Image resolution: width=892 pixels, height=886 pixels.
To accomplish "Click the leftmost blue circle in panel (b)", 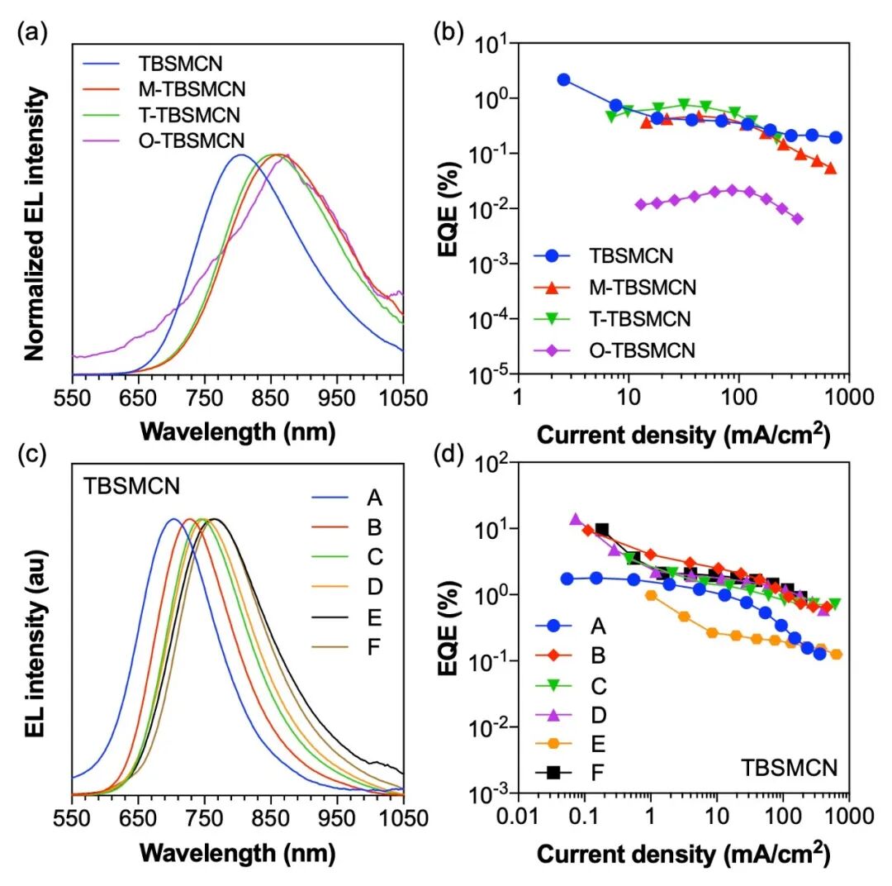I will (x=563, y=79).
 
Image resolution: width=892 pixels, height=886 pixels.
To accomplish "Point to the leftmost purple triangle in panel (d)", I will (x=576, y=519).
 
